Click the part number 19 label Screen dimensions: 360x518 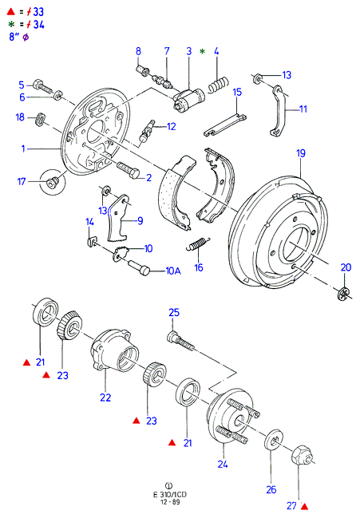click(x=301, y=153)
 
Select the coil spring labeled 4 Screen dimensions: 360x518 click(x=218, y=84)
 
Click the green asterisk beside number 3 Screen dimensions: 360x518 click(x=203, y=52)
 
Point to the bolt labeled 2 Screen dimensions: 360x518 click(x=129, y=169)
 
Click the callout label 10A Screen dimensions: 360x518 click(x=173, y=271)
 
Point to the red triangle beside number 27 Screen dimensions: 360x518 click(x=304, y=506)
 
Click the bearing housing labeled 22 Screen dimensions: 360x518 click(x=114, y=351)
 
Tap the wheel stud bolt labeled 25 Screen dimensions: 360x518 click(x=181, y=341)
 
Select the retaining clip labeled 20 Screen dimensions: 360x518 click(x=343, y=294)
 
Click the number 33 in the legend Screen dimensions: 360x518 click(x=38, y=12)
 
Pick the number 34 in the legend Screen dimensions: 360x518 click(x=38, y=25)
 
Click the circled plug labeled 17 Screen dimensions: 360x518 click(x=52, y=182)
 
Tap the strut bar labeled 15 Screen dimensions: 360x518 click(x=225, y=124)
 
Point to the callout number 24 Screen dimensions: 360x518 click(x=223, y=465)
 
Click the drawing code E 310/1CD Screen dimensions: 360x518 click(x=170, y=495)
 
